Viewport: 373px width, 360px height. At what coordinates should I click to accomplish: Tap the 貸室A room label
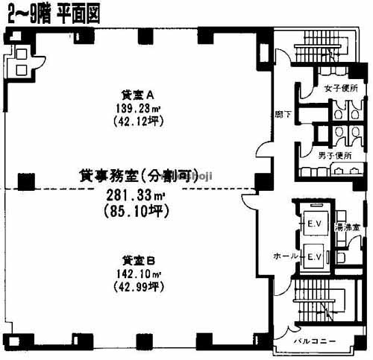(x=137, y=95)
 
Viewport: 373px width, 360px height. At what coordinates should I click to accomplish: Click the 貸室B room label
(x=138, y=260)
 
